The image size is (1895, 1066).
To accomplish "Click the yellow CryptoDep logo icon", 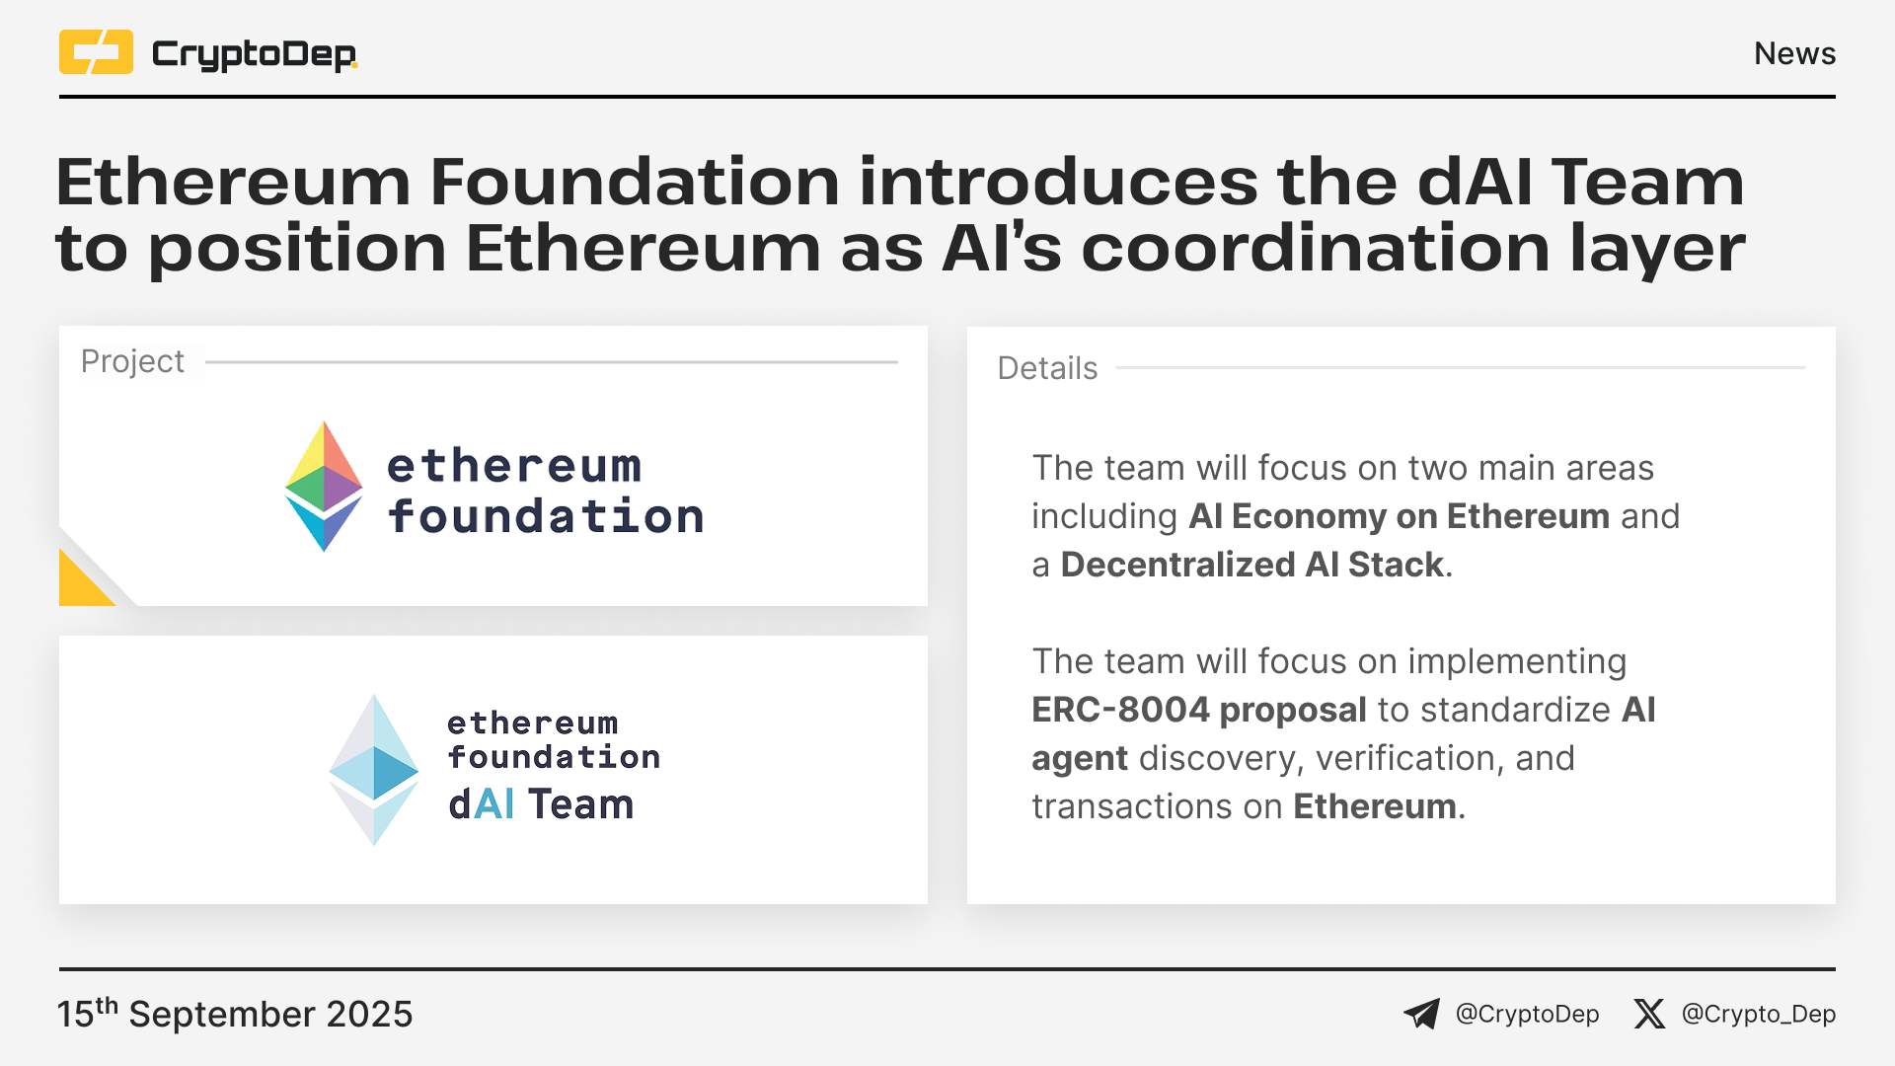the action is (x=96, y=52).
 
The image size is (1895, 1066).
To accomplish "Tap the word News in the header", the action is (x=1794, y=53).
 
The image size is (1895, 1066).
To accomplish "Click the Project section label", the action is (x=132, y=361).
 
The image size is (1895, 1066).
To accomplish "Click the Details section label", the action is (x=1047, y=368).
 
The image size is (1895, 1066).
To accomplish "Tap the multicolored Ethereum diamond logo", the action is (x=324, y=487).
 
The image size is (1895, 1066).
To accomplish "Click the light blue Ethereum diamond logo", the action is (x=374, y=770).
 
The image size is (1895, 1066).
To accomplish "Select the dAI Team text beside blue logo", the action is (x=541, y=804).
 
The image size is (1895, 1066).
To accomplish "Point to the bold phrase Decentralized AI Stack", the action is (x=1252, y=565).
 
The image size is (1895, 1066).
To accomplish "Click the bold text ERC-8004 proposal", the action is (x=1199, y=710).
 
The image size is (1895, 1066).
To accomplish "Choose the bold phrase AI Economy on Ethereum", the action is (x=1400, y=516).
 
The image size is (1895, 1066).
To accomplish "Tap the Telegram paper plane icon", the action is (x=1421, y=1014).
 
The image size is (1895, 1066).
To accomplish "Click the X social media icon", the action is (x=1648, y=1014).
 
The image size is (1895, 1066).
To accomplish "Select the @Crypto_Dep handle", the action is (x=1759, y=1014).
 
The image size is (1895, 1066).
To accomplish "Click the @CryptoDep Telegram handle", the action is (x=1528, y=1014).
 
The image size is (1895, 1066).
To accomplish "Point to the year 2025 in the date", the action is (x=369, y=1015).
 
